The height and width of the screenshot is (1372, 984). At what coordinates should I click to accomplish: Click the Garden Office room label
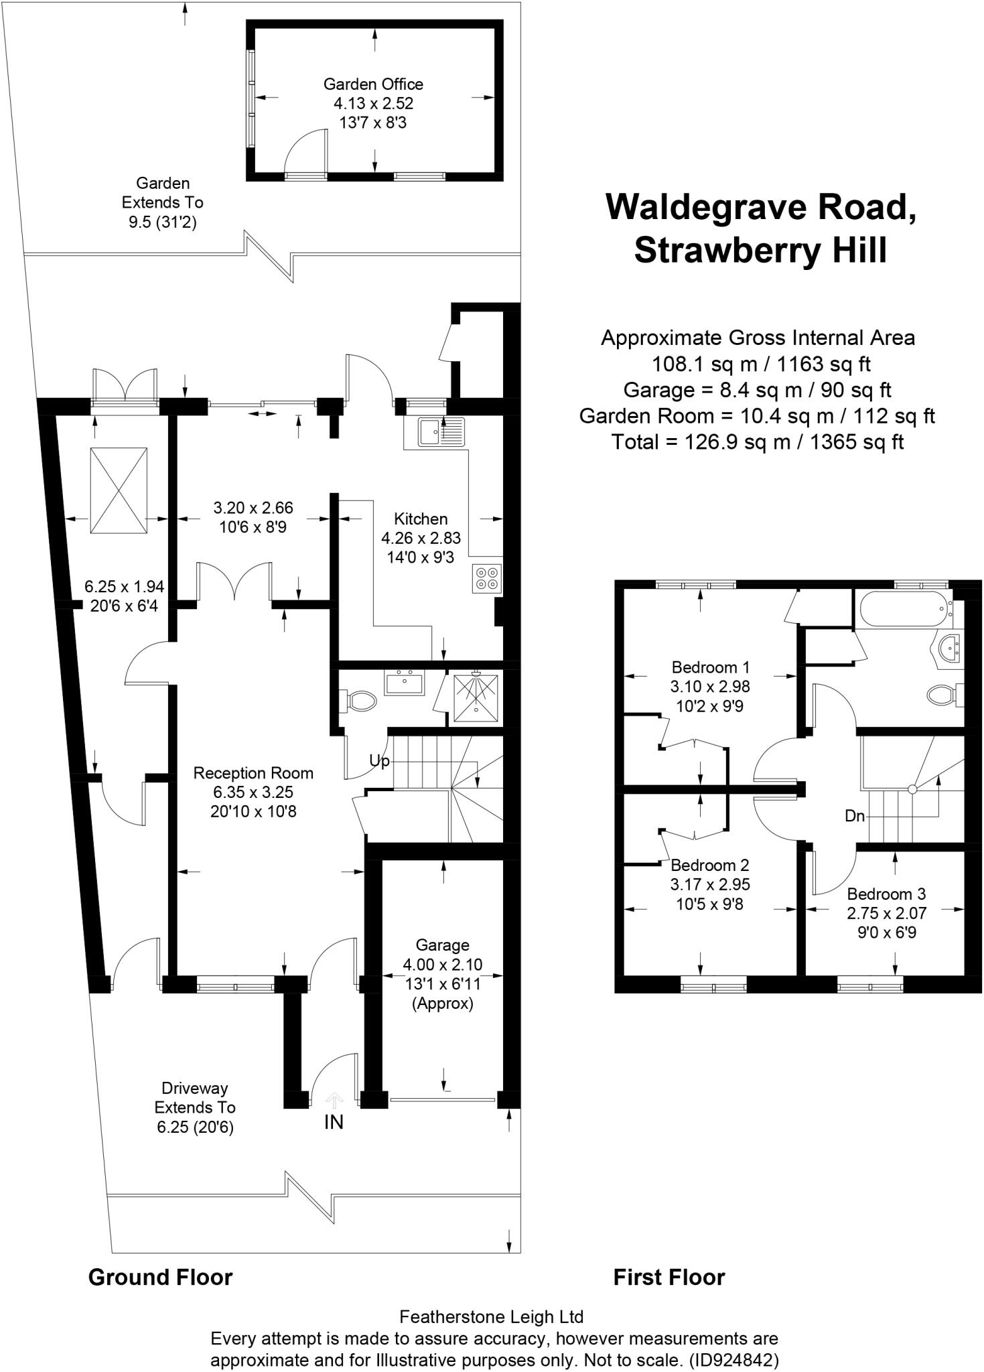coord(373,84)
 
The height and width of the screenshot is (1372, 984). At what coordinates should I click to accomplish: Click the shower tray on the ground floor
coord(476,697)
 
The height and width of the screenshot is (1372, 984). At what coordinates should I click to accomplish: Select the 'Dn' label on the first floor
coord(855,816)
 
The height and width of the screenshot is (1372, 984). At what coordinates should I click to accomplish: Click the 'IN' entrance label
coord(334,1122)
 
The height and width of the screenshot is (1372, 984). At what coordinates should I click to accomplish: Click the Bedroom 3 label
coord(886,894)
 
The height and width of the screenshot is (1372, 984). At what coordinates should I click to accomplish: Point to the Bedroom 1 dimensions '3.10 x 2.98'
coord(710,687)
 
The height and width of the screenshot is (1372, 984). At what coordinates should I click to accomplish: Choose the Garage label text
coord(442,945)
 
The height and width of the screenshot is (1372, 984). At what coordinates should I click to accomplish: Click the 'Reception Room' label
coord(253,773)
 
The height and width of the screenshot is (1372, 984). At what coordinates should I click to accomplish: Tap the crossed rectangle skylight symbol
coord(119,491)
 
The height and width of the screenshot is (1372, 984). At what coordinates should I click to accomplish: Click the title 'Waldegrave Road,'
coord(761,207)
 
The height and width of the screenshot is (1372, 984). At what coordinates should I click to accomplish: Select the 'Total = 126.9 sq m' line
coord(757,442)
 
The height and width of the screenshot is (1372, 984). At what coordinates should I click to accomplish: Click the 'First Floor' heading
coord(669,1278)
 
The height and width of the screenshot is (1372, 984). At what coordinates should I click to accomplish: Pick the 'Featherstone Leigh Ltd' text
coord(491,1317)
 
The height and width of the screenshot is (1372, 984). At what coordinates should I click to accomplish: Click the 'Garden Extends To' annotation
coord(163,193)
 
